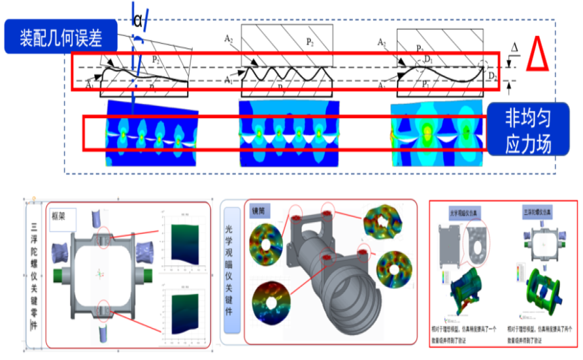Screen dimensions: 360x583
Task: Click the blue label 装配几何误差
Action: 61,37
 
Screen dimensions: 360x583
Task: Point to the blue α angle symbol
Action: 138,20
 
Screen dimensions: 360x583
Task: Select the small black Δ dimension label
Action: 515,48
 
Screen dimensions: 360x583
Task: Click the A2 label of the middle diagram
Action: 229,40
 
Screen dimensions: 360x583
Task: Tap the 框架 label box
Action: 63,213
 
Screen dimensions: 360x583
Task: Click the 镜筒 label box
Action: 258,212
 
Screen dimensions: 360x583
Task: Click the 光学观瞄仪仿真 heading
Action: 464,214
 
